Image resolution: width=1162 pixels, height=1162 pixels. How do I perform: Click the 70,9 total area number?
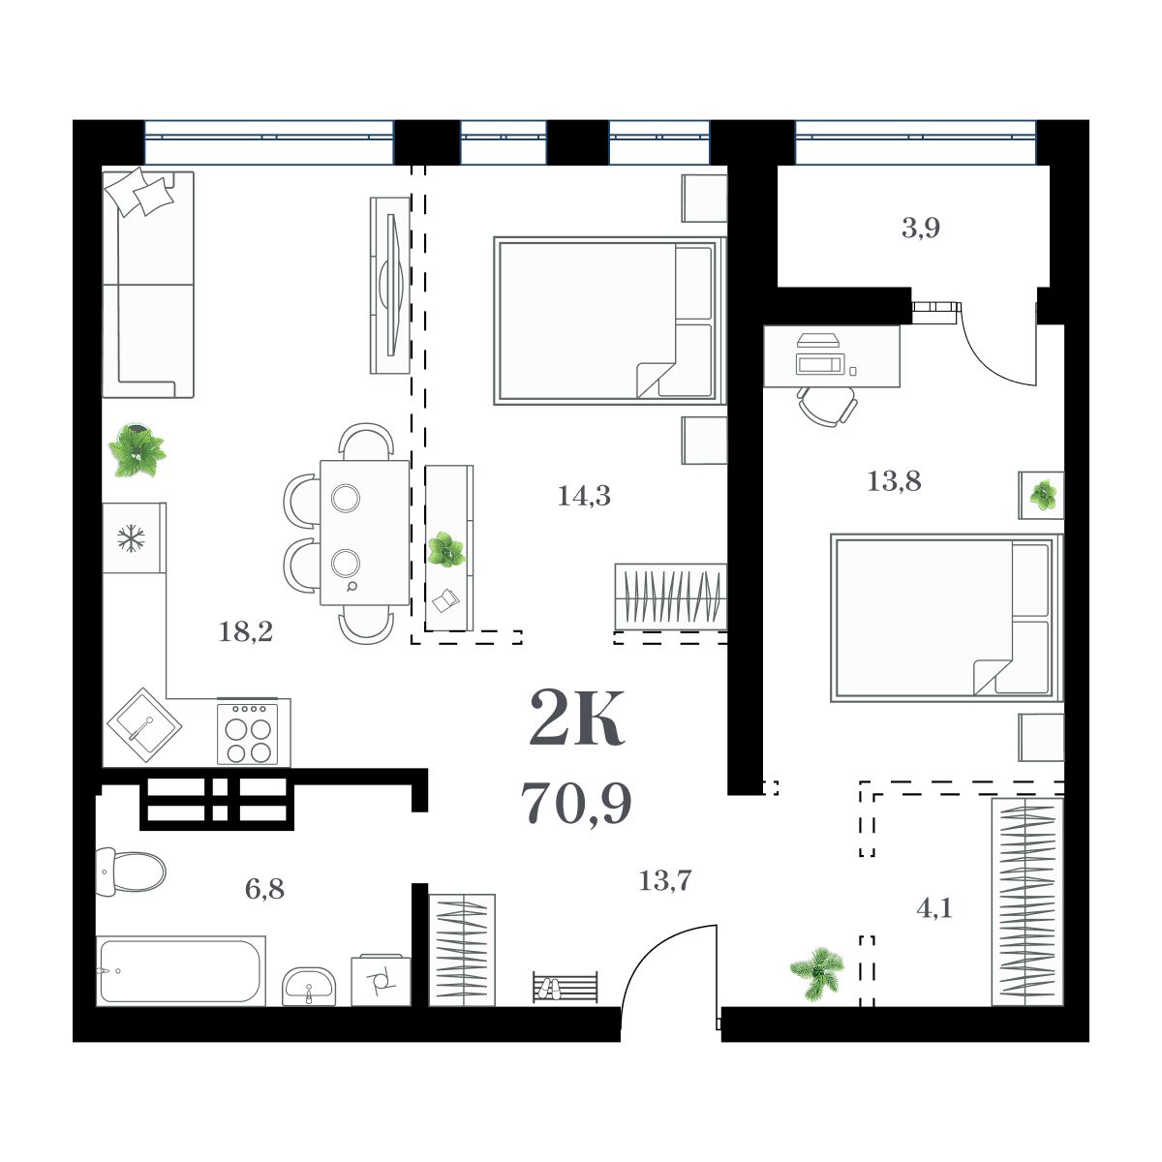coord(576,803)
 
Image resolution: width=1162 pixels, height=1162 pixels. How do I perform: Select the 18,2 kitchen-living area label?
coord(246,633)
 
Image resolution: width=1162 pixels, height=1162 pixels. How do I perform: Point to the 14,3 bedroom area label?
coord(584,497)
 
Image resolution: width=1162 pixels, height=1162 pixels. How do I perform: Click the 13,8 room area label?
coord(894,480)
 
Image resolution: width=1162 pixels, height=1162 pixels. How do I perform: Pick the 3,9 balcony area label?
coord(921,229)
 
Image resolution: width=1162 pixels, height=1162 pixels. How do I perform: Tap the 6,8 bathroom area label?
coord(264,888)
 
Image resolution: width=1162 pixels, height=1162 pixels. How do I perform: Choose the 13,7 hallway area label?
coord(665,881)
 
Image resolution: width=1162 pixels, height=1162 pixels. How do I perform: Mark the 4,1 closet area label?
coord(934,909)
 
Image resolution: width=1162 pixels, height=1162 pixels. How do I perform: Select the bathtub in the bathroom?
coord(181,970)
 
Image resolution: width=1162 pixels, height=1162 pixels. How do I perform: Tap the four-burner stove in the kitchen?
coord(248,733)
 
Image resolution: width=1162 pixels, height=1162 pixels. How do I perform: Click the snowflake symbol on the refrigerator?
coord(130,538)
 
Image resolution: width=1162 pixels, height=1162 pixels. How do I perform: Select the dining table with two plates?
coord(364,533)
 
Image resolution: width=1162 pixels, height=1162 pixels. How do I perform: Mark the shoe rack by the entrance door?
coord(565,988)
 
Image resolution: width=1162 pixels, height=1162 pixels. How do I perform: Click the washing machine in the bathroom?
coord(381,980)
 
